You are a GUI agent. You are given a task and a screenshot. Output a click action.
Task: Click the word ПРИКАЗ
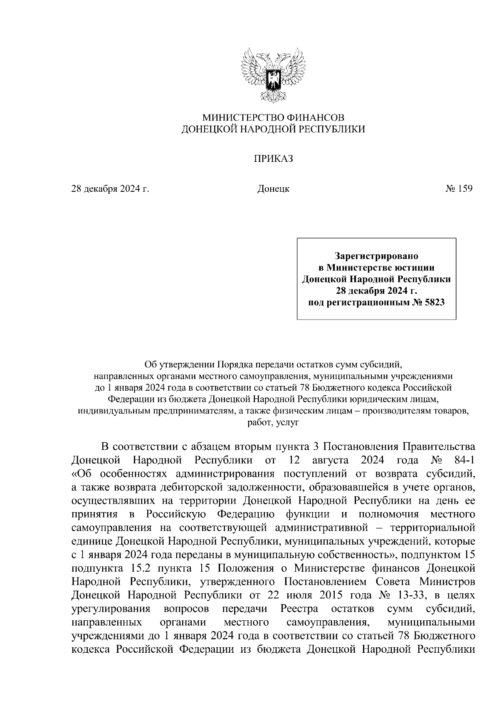[x=273, y=159]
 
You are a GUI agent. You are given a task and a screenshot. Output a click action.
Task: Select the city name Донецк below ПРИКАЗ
[x=273, y=189]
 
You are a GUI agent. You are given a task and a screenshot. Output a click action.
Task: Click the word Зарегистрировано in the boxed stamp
[x=376, y=255]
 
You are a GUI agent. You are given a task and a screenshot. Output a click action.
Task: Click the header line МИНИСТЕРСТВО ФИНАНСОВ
[x=273, y=118]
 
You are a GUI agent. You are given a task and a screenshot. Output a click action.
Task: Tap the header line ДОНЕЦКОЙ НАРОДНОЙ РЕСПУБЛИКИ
[x=273, y=129]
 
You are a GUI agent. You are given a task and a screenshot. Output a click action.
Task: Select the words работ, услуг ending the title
[x=273, y=424]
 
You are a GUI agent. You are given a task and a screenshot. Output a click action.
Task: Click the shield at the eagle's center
[x=273, y=79]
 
